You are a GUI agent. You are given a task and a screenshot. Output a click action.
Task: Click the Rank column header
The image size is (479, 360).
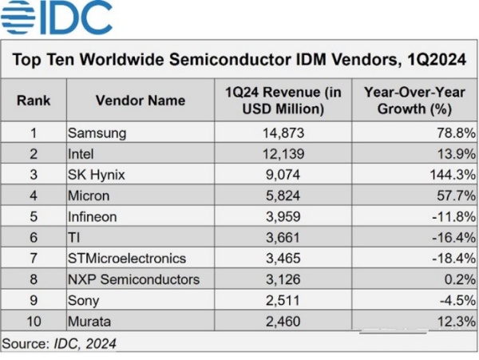34,101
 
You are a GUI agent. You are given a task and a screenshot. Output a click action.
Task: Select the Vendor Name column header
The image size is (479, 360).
140,101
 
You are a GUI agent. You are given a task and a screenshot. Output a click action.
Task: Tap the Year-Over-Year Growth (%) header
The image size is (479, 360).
414,101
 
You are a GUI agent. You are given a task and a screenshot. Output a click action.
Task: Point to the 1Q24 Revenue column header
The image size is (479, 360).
283,101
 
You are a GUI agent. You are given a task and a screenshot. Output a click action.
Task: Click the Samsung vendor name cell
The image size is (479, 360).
97,133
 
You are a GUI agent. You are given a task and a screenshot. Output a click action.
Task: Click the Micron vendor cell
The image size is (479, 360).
90,196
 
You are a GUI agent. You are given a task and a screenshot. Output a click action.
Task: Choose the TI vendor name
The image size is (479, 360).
76,237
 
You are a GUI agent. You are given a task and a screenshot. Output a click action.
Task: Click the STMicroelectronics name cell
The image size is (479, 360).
129,259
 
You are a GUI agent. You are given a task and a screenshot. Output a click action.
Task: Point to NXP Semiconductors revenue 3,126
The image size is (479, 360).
283,279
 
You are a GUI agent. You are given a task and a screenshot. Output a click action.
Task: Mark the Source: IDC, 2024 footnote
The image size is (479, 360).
60,343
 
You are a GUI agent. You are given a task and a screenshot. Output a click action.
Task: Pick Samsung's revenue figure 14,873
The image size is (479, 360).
283,133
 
